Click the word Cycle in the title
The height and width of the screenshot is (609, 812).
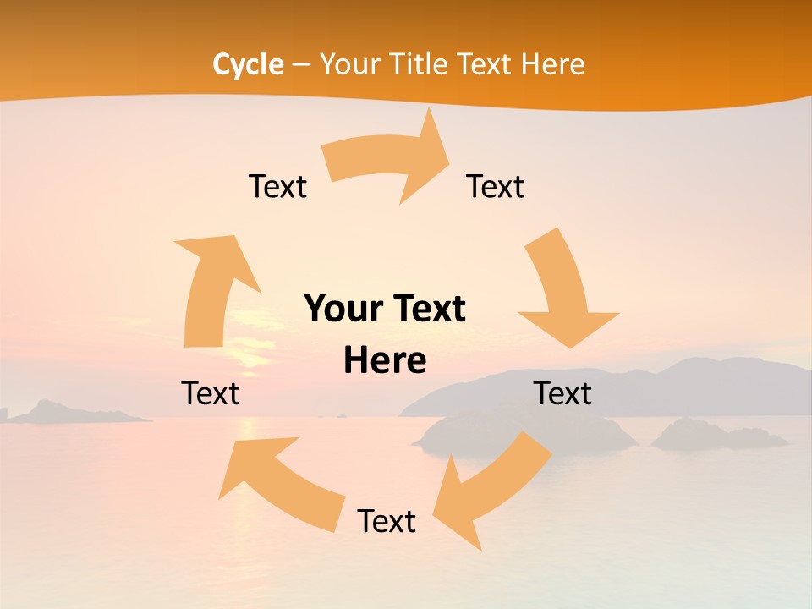click(248, 64)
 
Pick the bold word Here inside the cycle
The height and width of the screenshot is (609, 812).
click(385, 361)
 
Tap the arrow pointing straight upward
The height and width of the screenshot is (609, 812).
click(211, 288)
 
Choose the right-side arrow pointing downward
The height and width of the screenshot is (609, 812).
click(562, 292)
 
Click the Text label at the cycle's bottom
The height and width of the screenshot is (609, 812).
click(387, 521)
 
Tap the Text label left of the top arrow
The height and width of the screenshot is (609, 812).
click(277, 186)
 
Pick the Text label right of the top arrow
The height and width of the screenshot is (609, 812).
click(496, 186)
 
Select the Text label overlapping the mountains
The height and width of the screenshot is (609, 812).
click(562, 393)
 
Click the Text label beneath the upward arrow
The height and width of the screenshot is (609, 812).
click(211, 393)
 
